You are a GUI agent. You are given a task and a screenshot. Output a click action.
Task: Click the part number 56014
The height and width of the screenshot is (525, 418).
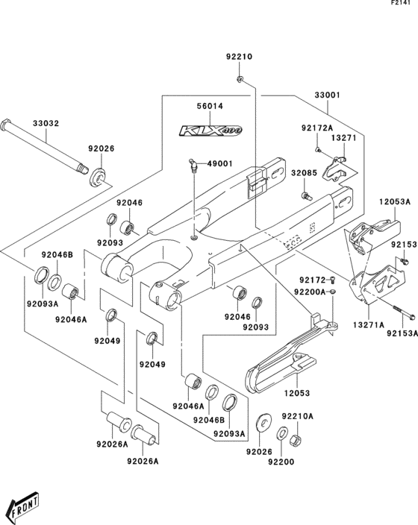(x=210, y=107)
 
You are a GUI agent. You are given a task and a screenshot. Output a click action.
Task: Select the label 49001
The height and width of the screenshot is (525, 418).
(x=220, y=163)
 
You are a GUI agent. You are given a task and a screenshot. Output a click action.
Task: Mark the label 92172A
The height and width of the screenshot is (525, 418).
(x=316, y=128)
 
